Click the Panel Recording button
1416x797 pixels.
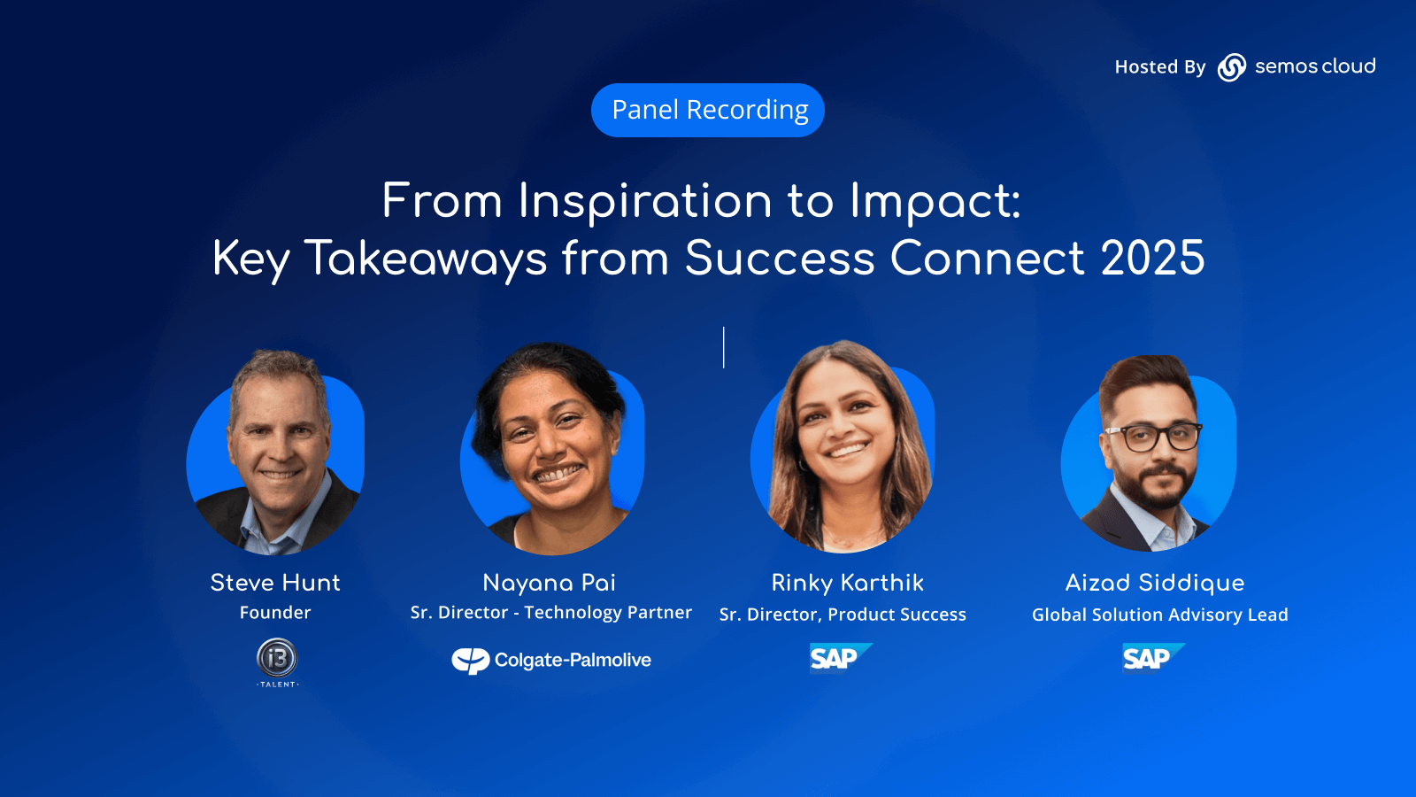click(x=707, y=110)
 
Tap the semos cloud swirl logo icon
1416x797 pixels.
click(x=1231, y=67)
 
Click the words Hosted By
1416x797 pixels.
click(x=1160, y=67)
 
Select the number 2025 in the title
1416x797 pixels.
click(x=1152, y=258)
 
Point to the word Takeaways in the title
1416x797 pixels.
click(x=426, y=259)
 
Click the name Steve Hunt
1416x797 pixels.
click(x=275, y=583)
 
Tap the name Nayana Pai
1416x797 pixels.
click(x=549, y=583)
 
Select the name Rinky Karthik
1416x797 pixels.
click(x=847, y=583)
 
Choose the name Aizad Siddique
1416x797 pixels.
click(x=1154, y=583)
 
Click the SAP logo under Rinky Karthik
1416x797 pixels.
click(x=841, y=658)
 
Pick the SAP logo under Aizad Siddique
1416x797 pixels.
click(x=1154, y=658)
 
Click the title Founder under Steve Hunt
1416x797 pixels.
click(x=275, y=612)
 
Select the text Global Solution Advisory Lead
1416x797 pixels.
click(x=1160, y=615)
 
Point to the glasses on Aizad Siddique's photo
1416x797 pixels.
click(x=1152, y=437)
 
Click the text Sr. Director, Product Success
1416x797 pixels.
click(x=843, y=615)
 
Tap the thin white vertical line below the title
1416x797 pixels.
click(x=724, y=347)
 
